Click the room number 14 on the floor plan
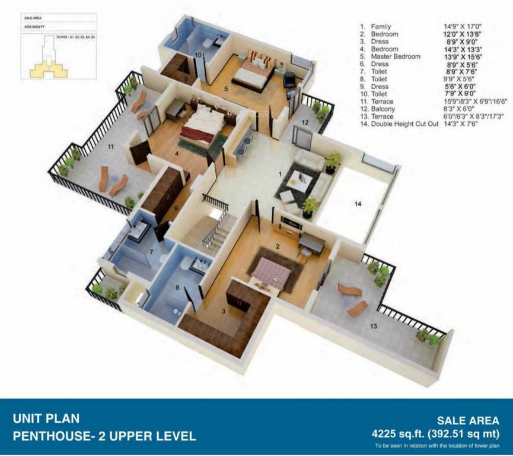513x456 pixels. click(x=358, y=204)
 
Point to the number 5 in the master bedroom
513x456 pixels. click(x=225, y=89)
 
